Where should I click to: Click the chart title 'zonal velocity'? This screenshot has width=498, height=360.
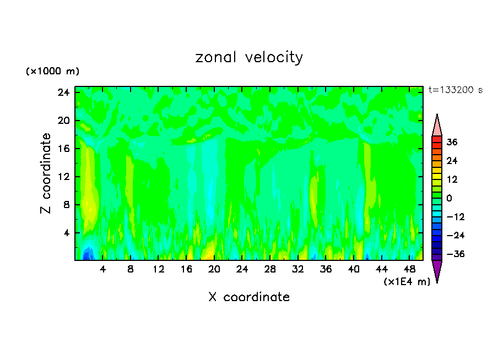click(x=249, y=57)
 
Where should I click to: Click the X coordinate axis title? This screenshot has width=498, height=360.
click(x=249, y=297)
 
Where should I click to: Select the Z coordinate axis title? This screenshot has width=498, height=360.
click(x=46, y=173)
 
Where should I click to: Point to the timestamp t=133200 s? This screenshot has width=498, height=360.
click(x=456, y=90)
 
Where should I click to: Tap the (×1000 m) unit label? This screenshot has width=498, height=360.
click(x=52, y=72)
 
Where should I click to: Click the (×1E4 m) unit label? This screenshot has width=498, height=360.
click(x=407, y=282)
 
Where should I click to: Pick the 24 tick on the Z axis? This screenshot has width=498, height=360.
click(x=63, y=92)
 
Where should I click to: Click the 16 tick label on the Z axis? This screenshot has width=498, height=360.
click(x=63, y=149)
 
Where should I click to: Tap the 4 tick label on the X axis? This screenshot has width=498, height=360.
click(x=103, y=269)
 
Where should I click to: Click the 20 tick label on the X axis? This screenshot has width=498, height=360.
click(x=214, y=269)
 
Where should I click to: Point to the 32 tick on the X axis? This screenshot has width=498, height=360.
click(x=298, y=269)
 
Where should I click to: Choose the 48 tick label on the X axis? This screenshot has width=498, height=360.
click(x=409, y=269)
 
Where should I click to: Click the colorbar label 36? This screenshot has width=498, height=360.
click(x=452, y=142)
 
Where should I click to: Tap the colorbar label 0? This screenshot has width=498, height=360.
click(x=449, y=198)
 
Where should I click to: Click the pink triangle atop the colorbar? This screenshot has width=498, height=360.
click(x=437, y=125)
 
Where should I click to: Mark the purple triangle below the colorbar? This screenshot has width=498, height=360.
click(x=437, y=271)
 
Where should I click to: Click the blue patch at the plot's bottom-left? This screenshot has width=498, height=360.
click(x=87, y=254)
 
